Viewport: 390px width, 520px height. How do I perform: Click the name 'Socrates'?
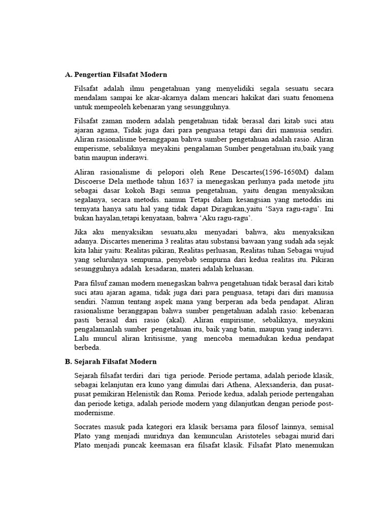pyautogui.click(x=89, y=427)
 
